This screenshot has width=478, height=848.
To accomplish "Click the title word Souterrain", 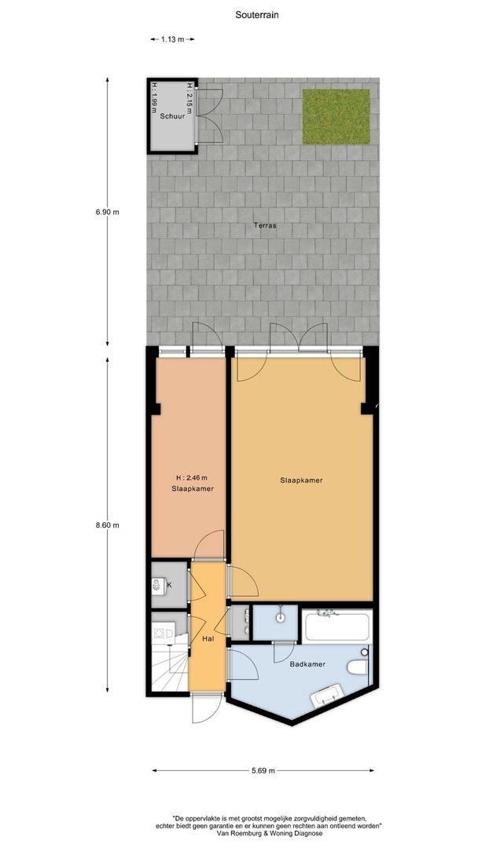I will [x=256, y=14].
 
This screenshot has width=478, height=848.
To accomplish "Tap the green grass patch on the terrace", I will [x=336, y=116].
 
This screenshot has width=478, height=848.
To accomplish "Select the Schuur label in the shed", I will [x=171, y=116].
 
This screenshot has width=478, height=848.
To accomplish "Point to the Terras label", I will [x=265, y=225].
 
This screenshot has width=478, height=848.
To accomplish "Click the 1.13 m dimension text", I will [x=172, y=38].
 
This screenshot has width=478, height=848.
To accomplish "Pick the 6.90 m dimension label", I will [x=108, y=211].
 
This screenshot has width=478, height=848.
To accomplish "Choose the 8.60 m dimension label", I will [x=107, y=525].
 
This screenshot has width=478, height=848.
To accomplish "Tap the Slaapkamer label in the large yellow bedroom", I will [x=301, y=480].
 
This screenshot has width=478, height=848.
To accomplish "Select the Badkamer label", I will [x=306, y=663].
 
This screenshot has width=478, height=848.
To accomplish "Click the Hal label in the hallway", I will [x=208, y=640].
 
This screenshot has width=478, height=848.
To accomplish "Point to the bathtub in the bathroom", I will [x=336, y=627].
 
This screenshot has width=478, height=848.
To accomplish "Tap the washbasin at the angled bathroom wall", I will [x=328, y=695].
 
